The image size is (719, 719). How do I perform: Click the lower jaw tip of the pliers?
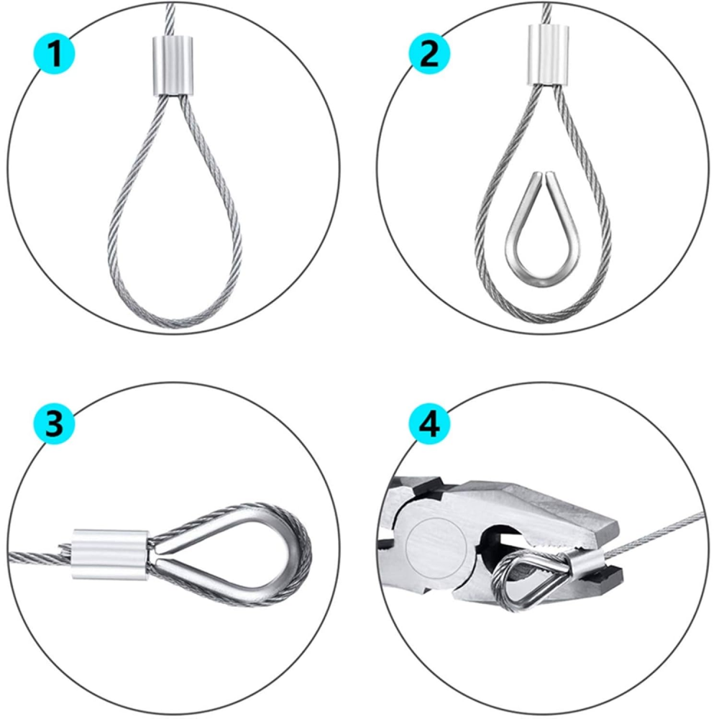611,575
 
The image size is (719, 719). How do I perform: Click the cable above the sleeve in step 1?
170,18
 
